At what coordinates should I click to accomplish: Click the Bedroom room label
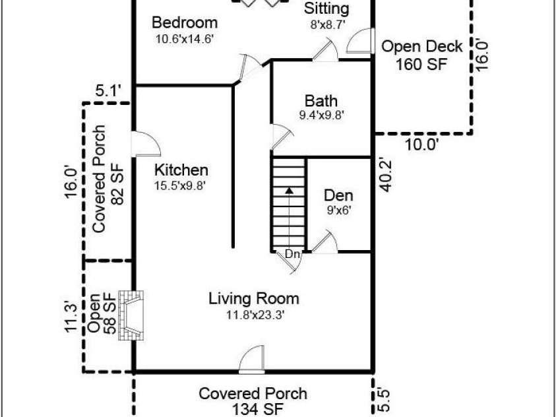pyautogui.click(x=185, y=22)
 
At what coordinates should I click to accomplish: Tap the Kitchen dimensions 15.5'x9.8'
pyautogui.click(x=180, y=185)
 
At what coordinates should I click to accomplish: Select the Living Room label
pyautogui.click(x=253, y=299)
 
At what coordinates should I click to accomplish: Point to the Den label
pyautogui.click(x=338, y=195)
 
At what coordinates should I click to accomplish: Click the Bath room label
pyautogui.click(x=321, y=101)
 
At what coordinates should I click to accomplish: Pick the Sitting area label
pyautogui.click(x=326, y=9)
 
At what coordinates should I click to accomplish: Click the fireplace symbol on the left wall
pyautogui.click(x=131, y=315)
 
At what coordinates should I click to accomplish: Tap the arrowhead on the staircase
pyautogui.click(x=290, y=191)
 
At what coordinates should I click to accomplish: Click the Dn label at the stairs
pyautogui.click(x=293, y=254)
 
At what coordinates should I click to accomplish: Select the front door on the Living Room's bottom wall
pyautogui.click(x=251, y=360)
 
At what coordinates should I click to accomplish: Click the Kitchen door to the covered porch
pyautogui.click(x=146, y=144)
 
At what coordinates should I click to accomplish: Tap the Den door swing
pyautogui.click(x=324, y=242)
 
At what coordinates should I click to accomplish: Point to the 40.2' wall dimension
pyautogui.click(x=385, y=175)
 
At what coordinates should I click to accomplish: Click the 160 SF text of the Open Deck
pyautogui.click(x=421, y=64)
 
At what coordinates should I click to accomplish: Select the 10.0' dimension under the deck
pyautogui.click(x=421, y=144)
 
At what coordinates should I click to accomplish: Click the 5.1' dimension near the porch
pyautogui.click(x=109, y=92)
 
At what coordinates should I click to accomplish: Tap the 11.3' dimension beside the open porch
pyautogui.click(x=71, y=316)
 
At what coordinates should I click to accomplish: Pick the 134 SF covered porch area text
pyautogui.click(x=258, y=410)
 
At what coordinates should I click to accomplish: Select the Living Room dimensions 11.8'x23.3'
pyautogui.click(x=256, y=315)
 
